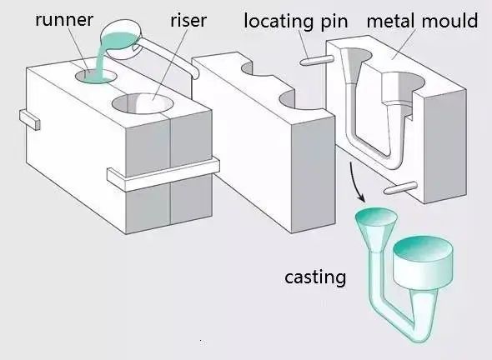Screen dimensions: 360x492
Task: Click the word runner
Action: coord(64,19)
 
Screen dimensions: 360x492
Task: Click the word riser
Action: coord(188,19)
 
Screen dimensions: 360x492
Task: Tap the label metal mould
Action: coord(423,19)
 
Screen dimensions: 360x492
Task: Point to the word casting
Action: coord(314,277)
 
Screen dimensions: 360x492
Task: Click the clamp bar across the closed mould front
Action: coord(163,171)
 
